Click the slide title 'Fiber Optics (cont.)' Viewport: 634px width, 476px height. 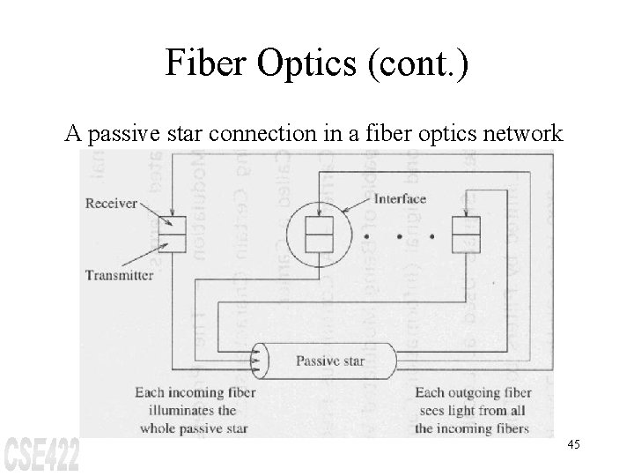coord(317,66)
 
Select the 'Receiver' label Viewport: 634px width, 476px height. coord(112,204)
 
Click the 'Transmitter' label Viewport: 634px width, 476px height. coord(119,274)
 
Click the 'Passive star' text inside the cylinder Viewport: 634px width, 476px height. coord(329,361)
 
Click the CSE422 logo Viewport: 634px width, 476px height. coord(42,454)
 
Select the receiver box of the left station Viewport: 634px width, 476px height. coord(173,225)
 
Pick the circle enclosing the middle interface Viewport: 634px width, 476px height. coord(318,234)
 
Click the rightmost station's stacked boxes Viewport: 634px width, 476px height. coord(464,234)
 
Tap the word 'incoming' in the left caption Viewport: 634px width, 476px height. coord(195,392)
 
